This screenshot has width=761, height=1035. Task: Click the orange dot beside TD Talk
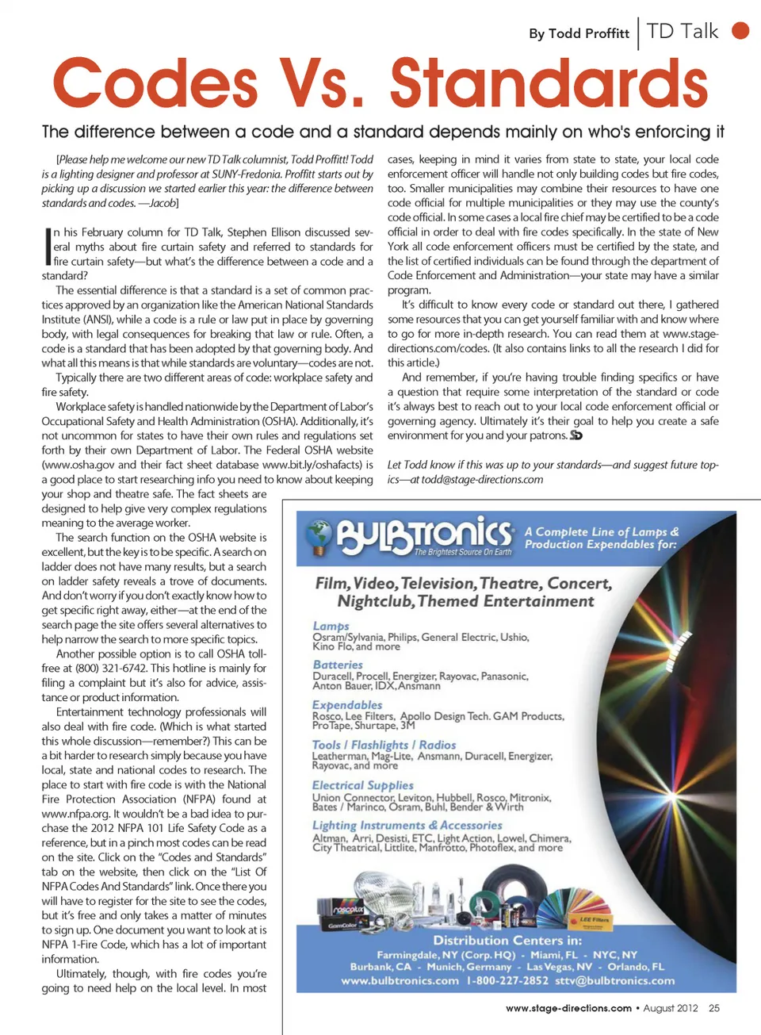(740, 31)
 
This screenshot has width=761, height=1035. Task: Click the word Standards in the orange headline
(549, 83)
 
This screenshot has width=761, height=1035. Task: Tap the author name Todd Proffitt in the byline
(589, 33)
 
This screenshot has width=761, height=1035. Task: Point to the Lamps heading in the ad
(331, 626)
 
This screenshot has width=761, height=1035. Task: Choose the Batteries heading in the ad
(338, 665)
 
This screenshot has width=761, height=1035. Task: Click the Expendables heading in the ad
(347, 704)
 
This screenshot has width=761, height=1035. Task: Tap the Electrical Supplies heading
(362, 785)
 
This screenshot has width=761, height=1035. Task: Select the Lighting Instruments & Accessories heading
(407, 826)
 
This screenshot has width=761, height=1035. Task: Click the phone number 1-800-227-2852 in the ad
(507, 981)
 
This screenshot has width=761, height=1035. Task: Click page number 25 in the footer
(714, 1008)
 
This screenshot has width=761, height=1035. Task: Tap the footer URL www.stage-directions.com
(568, 1008)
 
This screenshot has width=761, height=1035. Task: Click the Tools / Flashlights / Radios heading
(384, 745)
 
